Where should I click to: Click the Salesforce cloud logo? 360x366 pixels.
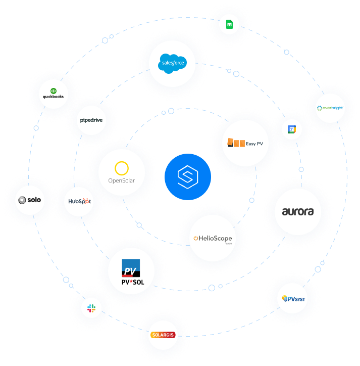coord(172,63)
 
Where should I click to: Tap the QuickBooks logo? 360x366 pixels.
coord(53,94)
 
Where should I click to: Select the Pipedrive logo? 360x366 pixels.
coord(91,120)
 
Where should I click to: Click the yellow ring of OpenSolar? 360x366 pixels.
coord(121,168)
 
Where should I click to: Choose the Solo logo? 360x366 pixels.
coord(30,200)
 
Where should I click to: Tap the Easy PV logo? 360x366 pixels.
coord(245,143)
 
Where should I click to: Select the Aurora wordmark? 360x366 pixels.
coord(298,212)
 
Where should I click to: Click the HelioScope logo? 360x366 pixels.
coord(213,238)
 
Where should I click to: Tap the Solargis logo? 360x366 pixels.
coord(163,335)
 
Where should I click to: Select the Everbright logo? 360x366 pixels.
coord(330,108)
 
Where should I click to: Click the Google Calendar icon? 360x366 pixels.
coord(292,129)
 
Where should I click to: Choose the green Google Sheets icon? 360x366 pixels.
coord(229,25)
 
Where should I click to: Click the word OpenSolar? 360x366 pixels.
coord(121,180)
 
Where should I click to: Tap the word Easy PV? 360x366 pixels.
coord(255,144)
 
